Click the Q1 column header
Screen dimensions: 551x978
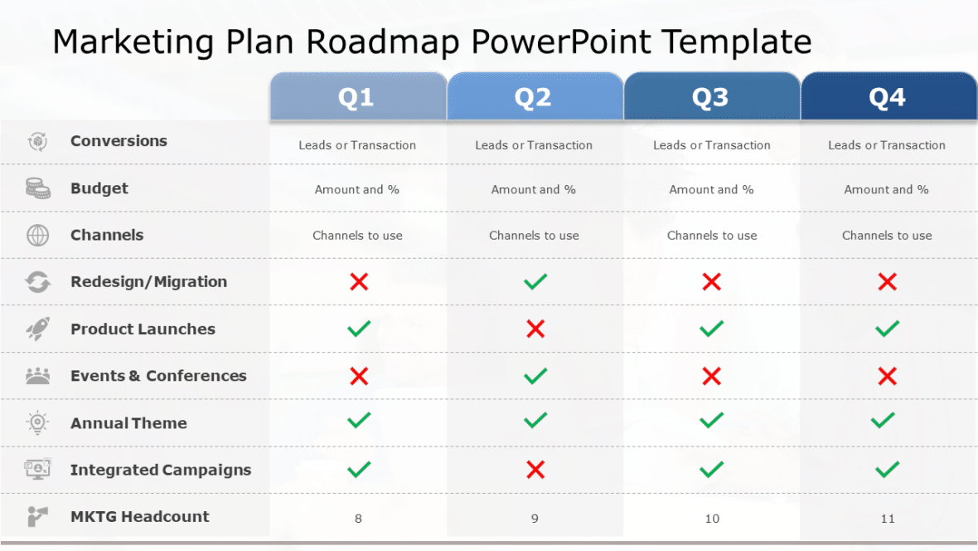pos(356,98)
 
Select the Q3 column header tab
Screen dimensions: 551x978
pos(710,98)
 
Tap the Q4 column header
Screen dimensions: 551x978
pos(887,98)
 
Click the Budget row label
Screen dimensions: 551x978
pos(99,188)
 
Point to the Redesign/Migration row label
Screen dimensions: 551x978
pos(148,282)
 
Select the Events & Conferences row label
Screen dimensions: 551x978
pos(158,376)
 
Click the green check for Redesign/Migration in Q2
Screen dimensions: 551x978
pos(535,282)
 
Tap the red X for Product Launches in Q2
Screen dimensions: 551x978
pos(535,329)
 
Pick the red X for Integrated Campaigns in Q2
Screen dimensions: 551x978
pos(535,471)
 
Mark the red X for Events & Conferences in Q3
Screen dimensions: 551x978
pos(711,377)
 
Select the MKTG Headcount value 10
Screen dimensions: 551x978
pos(712,519)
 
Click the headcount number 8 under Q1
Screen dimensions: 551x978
pos(358,519)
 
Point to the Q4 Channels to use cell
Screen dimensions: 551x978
pos(887,236)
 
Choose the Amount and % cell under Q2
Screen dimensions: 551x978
pos(534,190)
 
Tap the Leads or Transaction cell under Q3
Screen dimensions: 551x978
pos(711,145)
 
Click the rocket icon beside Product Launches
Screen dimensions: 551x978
pos(37,329)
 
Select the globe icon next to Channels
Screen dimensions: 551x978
pos(38,236)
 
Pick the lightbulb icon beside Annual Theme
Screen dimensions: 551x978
pos(37,423)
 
